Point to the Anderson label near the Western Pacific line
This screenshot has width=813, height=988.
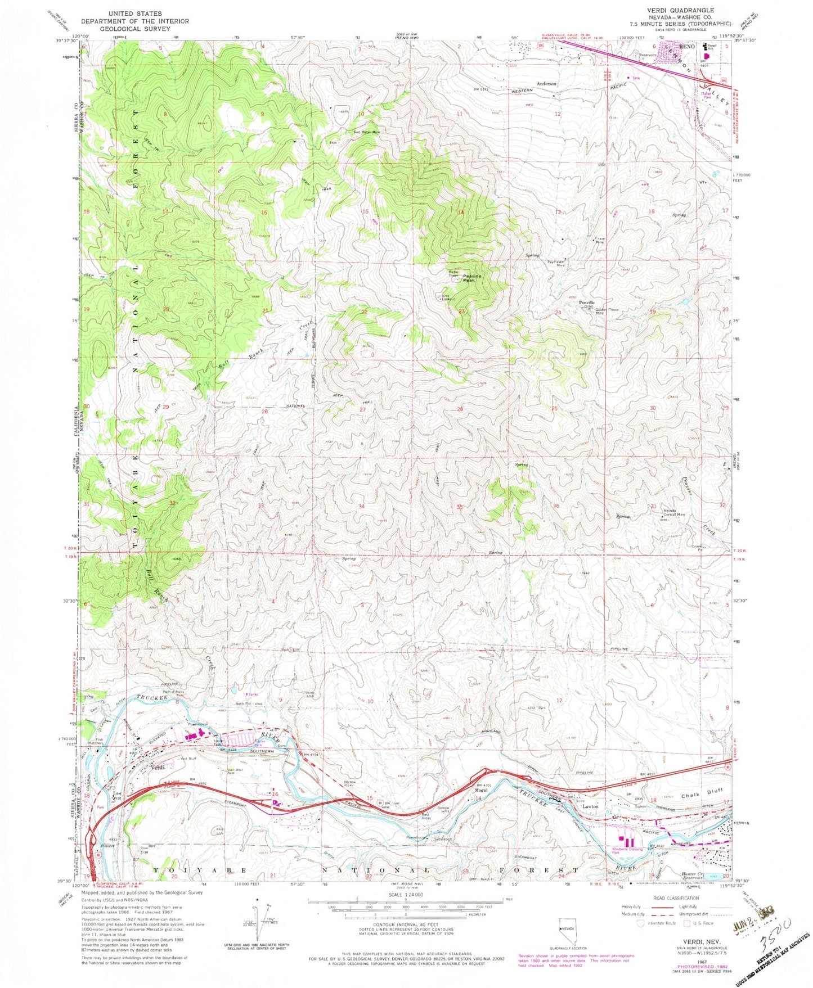pos(546,83)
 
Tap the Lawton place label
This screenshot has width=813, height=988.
pos(590,806)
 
